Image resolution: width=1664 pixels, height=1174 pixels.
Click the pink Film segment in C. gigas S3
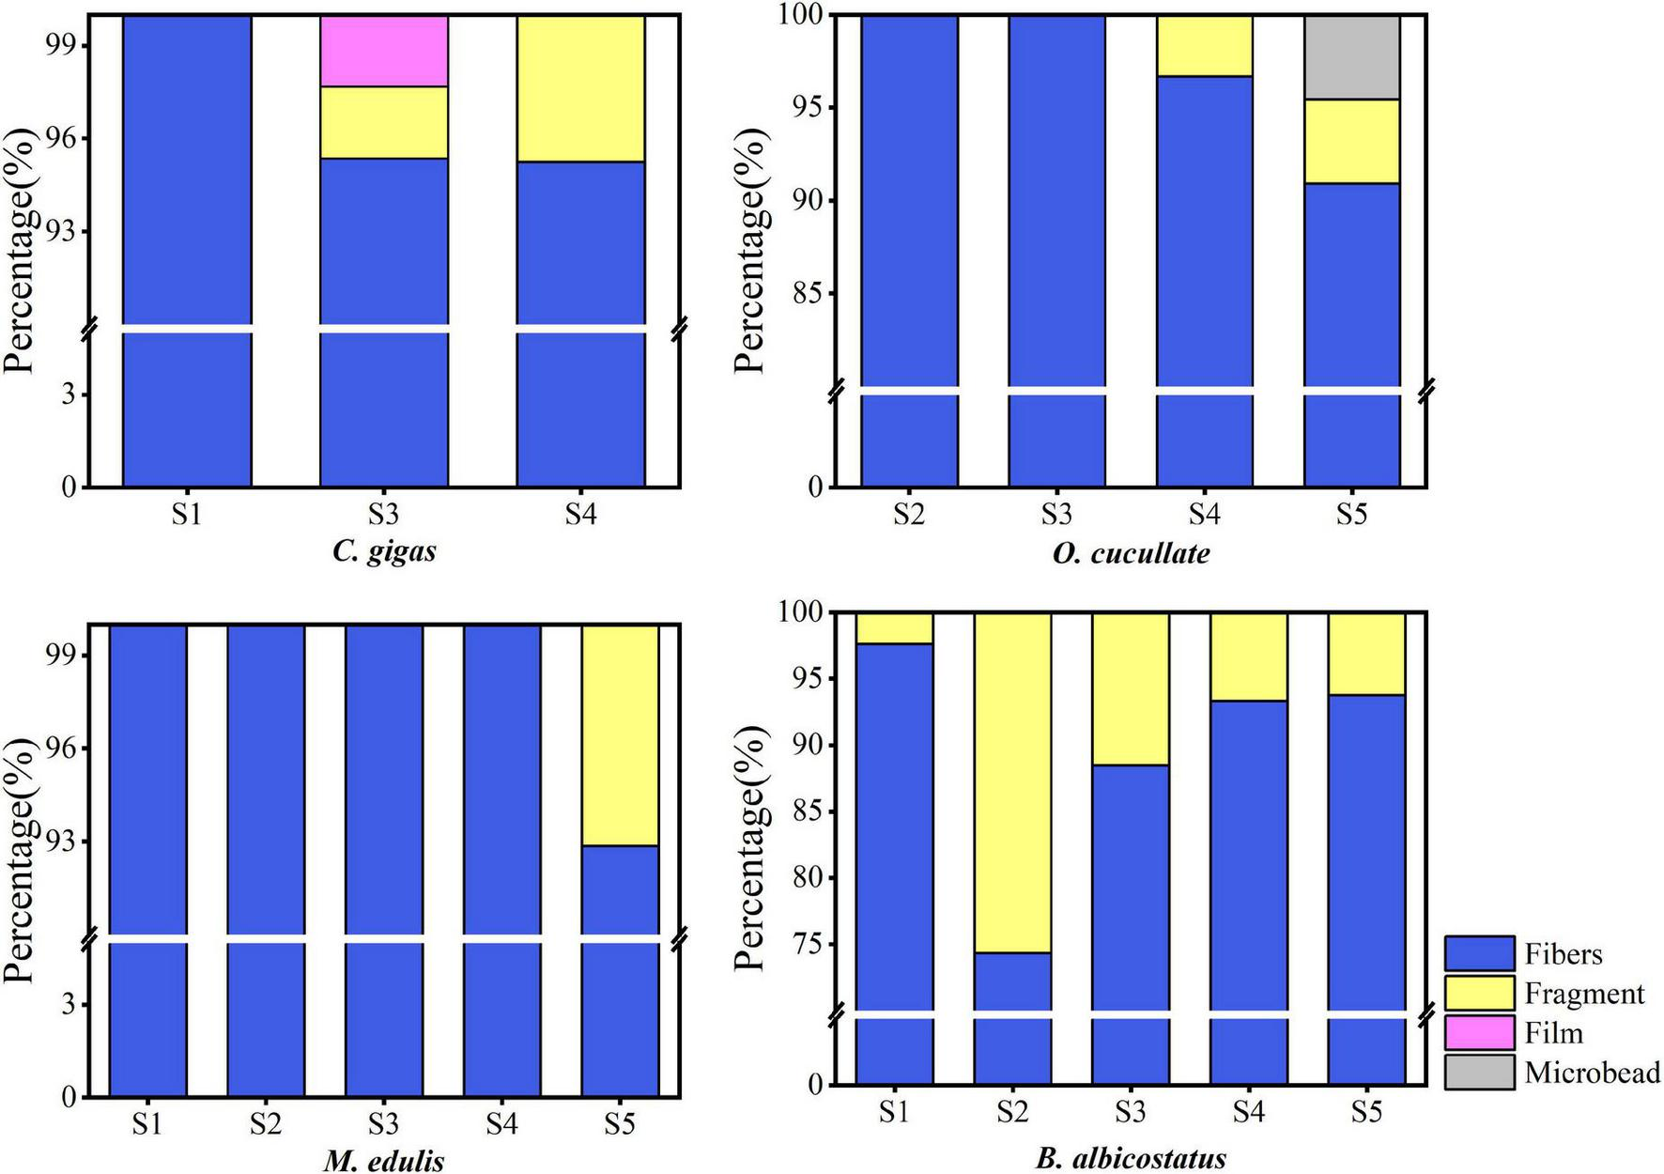(x=383, y=52)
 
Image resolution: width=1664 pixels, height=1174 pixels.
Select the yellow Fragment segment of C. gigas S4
(x=580, y=89)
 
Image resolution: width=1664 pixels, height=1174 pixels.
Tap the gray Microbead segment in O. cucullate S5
(x=1351, y=57)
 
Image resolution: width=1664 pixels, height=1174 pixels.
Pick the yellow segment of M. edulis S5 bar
(x=619, y=735)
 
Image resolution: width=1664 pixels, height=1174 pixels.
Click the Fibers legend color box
(x=1479, y=953)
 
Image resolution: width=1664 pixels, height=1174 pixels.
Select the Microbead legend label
(x=1593, y=1073)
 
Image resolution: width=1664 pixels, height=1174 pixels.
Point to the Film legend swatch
(x=1479, y=1032)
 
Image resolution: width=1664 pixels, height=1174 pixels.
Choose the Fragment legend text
(x=1584, y=994)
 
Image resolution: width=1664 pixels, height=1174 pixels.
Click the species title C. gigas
(x=384, y=550)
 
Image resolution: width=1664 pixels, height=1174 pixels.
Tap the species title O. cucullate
(x=1131, y=552)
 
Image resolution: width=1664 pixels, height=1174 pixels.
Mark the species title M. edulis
(x=384, y=1161)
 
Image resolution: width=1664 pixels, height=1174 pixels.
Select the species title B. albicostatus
(x=1131, y=1159)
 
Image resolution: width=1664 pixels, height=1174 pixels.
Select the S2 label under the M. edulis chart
(x=265, y=1123)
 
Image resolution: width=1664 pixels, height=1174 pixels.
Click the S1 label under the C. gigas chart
(x=186, y=515)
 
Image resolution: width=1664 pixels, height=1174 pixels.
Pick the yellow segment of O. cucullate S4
(x=1204, y=46)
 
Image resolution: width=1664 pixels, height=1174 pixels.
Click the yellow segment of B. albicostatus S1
(x=893, y=627)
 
